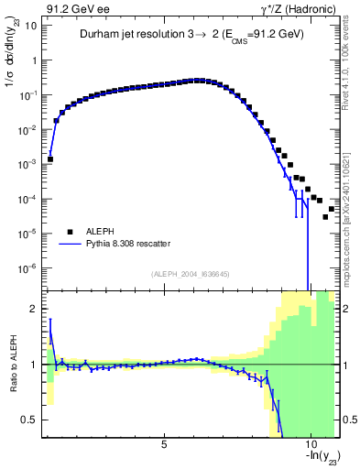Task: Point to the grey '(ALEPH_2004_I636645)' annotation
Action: click(x=191, y=273)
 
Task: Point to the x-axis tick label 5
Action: click(x=164, y=444)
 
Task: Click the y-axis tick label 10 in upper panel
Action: click(x=30, y=26)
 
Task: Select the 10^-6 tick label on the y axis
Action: click(x=27, y=268)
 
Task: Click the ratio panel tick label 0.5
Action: click(x=29, y=420)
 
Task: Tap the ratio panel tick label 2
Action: click(x=34, y=309)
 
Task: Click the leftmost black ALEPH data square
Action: click(x=50, y=158)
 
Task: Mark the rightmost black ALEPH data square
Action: click(x=332, y=209)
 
